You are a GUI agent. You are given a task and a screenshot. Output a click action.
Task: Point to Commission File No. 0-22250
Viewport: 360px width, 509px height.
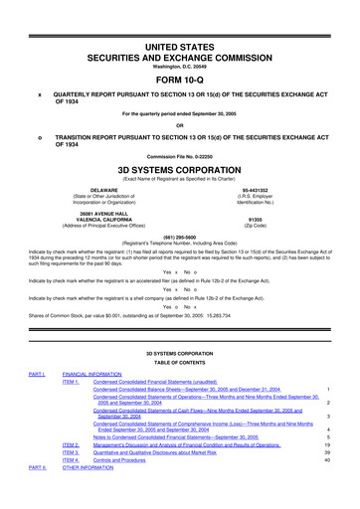point(179,156)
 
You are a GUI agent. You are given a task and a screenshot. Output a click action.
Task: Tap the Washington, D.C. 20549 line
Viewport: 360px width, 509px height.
point(179,39)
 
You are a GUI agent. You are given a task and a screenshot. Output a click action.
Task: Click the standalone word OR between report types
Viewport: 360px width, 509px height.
point(179,124)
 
